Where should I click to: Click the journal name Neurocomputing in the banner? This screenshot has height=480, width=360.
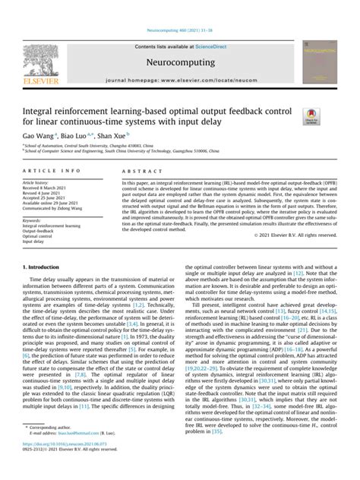point(180,65)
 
